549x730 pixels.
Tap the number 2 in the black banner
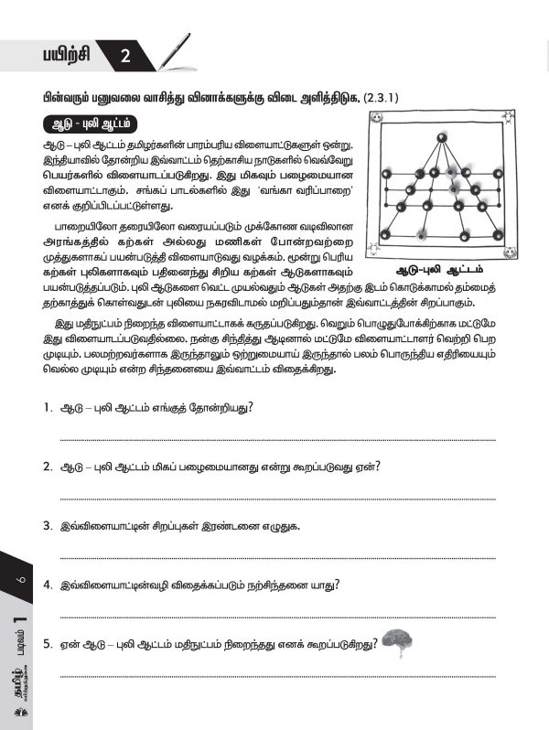point(125,58)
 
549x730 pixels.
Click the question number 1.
point(46,407)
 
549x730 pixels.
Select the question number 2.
point(46,467)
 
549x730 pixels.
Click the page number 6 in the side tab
point(19,581)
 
